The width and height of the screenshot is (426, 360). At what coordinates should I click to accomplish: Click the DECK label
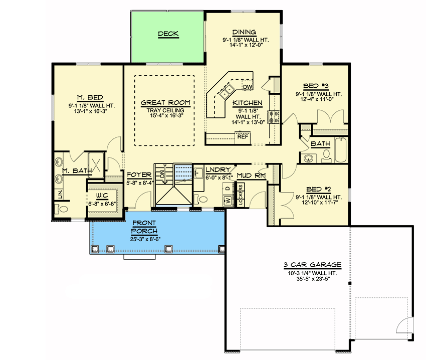168,34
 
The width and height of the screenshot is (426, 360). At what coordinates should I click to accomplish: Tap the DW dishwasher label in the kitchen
247,87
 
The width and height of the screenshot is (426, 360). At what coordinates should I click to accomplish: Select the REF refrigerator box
243,136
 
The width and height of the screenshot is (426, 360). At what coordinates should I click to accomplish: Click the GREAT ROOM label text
164,102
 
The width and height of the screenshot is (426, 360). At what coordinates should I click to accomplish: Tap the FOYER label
139,175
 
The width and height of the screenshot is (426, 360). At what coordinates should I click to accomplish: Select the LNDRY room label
218,170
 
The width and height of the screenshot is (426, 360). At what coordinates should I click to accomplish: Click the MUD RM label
251,175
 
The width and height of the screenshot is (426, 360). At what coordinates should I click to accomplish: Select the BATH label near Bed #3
320,144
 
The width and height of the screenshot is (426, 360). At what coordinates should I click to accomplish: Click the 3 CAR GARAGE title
311,265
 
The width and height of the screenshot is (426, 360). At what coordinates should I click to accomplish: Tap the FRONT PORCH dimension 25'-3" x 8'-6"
144,239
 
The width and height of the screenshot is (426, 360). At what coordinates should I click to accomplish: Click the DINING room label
245,32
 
